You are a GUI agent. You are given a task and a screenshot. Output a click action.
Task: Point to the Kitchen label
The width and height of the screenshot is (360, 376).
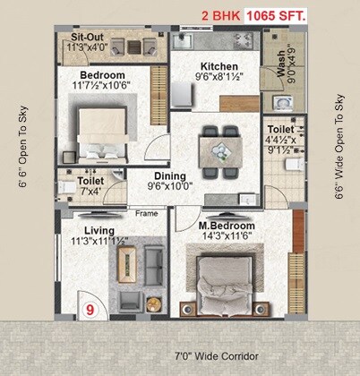pos(219,66)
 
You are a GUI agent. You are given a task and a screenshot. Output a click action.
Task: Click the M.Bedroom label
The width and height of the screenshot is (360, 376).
pos(227,225)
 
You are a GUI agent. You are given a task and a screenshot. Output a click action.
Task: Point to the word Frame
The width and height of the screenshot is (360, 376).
pos(146,213)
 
